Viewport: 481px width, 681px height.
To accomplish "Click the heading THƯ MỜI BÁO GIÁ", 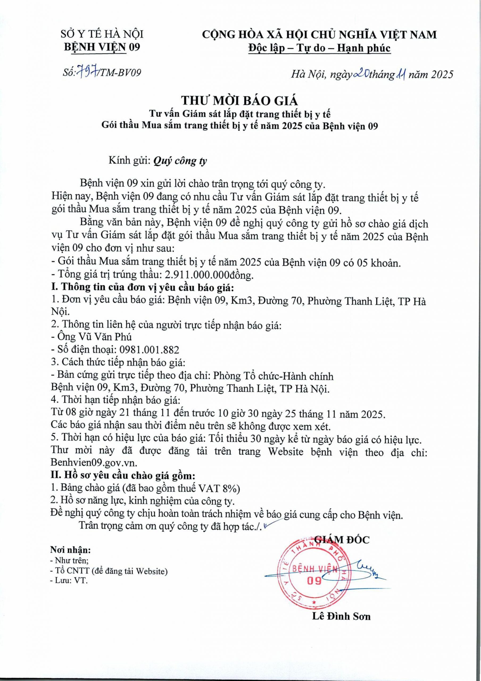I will [x=240, y=101].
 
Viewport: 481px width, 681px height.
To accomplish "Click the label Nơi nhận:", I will [x=70, y=550].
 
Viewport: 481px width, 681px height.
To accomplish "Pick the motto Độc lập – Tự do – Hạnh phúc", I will [x=320, y=48].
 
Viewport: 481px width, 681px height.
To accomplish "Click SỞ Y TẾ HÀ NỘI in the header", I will [x=102, y=35].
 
